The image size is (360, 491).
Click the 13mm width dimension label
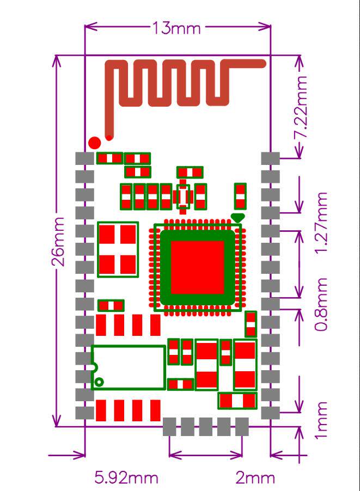pyautogui.click(x=178, y=28)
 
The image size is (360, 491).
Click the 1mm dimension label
pyautogui.click(x=322, y=420)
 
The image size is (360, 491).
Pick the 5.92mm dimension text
pyautogui.click(x=126, y=478)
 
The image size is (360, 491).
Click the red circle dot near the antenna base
pyautogui.click(x=94, y=143)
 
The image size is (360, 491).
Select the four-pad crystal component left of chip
pyautogui.click(x=117, y=250)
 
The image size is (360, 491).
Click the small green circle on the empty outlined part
pyautogui.click(x=99, y=382)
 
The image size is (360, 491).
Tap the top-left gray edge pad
pyautogui.click(x=84, y=158)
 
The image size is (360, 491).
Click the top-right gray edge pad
pyautogui.click(x=270, y=158)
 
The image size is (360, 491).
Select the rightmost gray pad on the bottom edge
pyautogui.click(x=241, y=426)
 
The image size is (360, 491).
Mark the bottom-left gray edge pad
pyautogui.click(x=84, y=412)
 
